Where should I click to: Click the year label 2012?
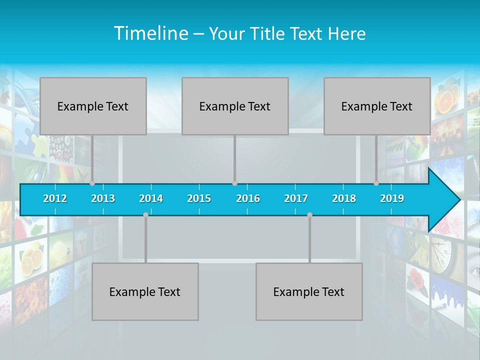[55, 198]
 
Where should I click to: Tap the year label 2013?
[103, 198]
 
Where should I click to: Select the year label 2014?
[151, 198]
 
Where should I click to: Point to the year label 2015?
[199, 198]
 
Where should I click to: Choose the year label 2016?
[247, 198]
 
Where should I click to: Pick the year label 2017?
[295, 198]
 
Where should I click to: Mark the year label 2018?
[344, 198]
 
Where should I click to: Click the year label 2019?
[392, 198]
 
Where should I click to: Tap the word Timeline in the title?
[150, 33]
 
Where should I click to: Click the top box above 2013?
[93, 106]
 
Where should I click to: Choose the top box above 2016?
[235, 106]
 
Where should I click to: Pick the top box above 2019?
[377, 106]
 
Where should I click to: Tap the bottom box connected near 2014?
[145, 291]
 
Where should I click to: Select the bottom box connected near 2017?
[309, 291]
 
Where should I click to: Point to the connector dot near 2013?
[92, 183]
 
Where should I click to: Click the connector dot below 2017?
[309, 214]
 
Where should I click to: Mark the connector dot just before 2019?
[376, 183]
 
